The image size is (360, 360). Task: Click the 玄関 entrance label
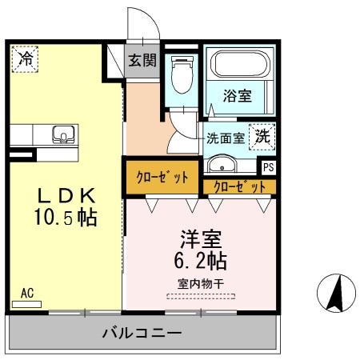point(144,59)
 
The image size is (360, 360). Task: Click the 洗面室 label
point(226,137)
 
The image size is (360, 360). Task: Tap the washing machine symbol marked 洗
point(262,136)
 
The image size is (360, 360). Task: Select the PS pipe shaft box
point(268,167)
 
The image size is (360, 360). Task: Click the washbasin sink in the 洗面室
point(222,165)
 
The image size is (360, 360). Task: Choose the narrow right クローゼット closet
point(239,186)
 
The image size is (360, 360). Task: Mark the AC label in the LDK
point(27,293)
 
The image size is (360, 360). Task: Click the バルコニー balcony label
point(142,333)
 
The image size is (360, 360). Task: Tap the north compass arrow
point(337,294)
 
